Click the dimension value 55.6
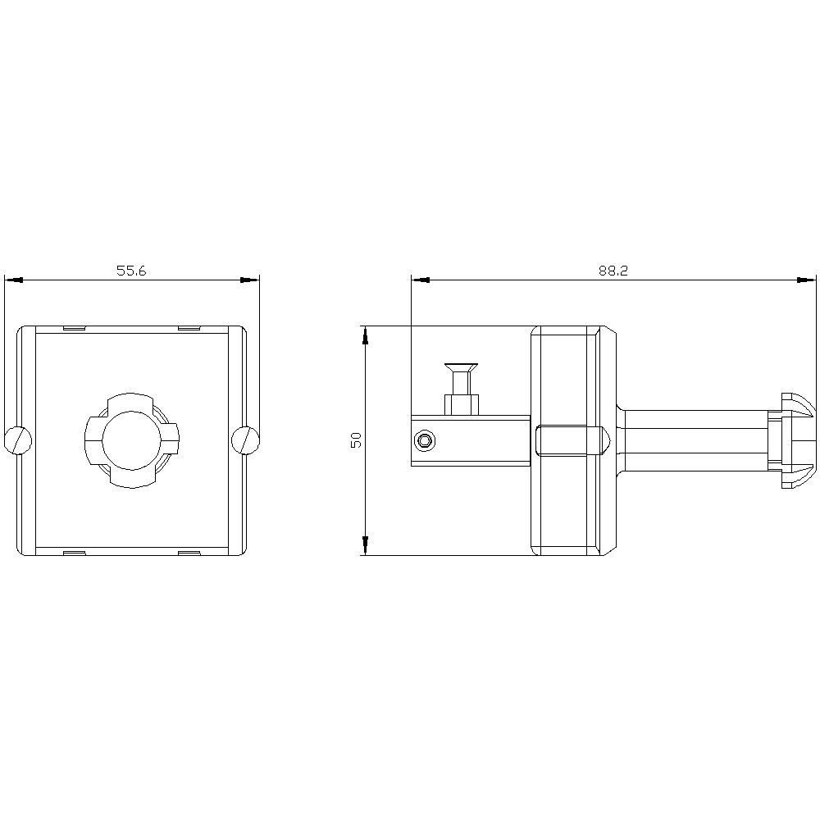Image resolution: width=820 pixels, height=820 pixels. pos(130,271)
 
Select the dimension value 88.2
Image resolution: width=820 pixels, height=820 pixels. pos(613,271)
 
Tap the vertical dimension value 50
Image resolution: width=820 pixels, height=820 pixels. pos(356,440)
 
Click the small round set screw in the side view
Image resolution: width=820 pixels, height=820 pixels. pos(425,441)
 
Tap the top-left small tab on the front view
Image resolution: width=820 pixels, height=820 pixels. pos(73,329)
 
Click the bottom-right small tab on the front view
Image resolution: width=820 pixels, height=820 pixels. pos(189,553)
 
